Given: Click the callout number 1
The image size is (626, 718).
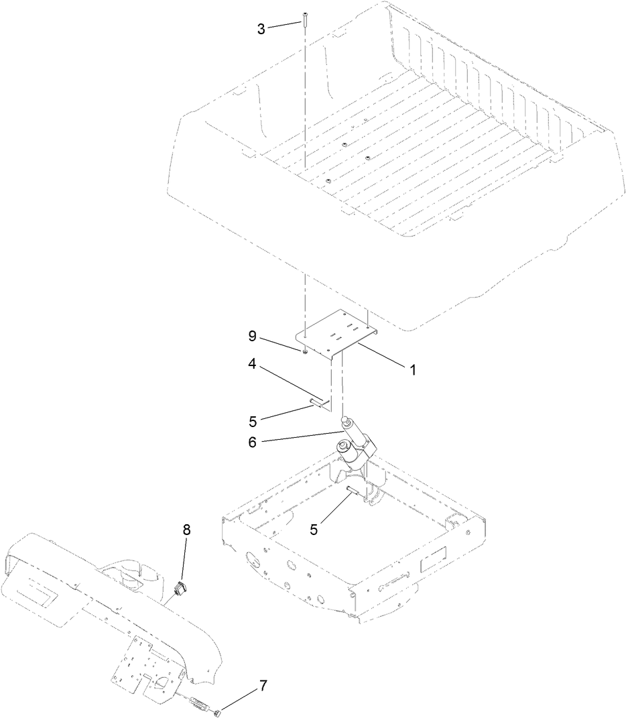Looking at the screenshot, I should (x=413, y=369).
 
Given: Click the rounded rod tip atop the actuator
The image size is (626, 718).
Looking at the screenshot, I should (x=347, y=421).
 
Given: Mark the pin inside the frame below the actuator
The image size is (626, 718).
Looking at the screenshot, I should (x=353, y=493).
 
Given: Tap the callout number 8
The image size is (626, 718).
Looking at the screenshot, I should (x=186, y=530).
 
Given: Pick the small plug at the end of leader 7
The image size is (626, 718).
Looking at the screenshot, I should (x=218, y=711).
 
